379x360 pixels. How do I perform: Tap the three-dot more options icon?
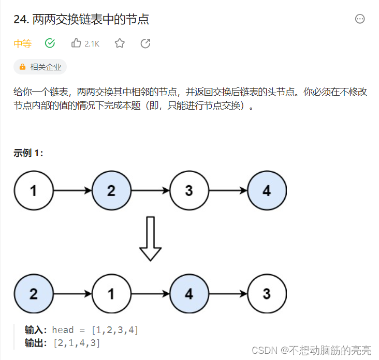click(x=360, y=19)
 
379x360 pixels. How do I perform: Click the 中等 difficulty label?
click(x=22, y=44)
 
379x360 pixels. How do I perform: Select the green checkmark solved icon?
click(x=50, y=43)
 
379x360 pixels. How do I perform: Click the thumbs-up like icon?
click(x=77, y=43)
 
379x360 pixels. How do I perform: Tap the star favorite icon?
click(x=120, y=43)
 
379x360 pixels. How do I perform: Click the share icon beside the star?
click(x=145, y=43)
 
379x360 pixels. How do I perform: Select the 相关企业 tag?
click(x=40, y=67)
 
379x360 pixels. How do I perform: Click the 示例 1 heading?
click(x=28, y=153)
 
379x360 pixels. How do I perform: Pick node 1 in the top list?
click(x=34, y=190)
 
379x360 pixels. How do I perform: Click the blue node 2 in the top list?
click(x=111, y=190)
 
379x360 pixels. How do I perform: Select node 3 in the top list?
click(x=189, y=190)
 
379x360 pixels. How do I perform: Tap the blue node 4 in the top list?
click(x=267, y=190)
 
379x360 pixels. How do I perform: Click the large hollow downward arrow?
click(x=150, y=238)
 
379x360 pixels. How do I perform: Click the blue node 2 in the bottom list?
click(x=34, y=294)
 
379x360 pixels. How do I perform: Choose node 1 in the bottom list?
click(x=111, y=294)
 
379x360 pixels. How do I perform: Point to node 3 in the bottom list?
click(x=267, y=294)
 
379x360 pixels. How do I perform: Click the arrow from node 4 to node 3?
click(x=228, y=294)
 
